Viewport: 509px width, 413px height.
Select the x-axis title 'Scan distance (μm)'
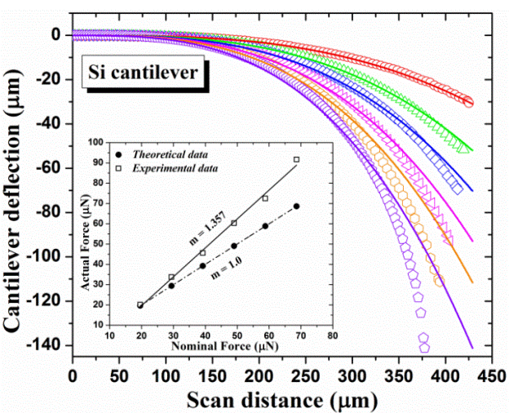[x=290, y=400]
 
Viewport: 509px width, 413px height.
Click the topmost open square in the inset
[x=297, y=160]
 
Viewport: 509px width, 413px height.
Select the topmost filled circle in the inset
[x=297, y=206]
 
